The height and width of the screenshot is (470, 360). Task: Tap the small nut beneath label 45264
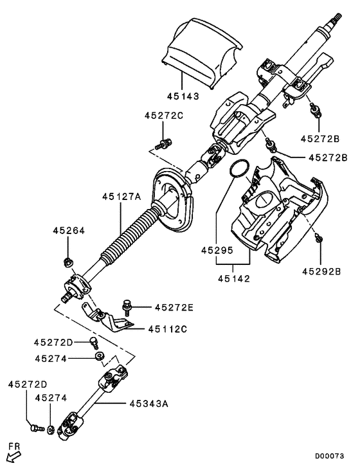tap(68, 262)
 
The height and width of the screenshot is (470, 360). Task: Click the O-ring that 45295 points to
tap(238, 168)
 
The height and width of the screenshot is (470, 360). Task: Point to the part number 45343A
tap(148, 404)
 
